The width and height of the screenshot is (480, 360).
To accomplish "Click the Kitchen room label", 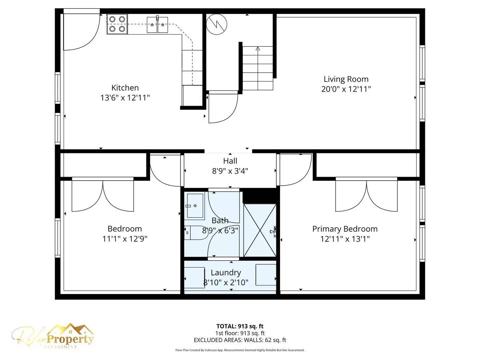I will pyautogui.click(x=125, y=88).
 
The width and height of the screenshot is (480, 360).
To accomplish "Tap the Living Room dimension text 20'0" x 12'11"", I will pyautogui.click(x=346, y=89).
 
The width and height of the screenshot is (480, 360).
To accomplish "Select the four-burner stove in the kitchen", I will pyautogui.click(x=117, y=24).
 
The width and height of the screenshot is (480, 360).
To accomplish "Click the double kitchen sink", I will pyautogui.click(x=157, y=25).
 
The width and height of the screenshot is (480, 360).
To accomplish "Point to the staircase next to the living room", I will pyautogui.click(x=257, y=68).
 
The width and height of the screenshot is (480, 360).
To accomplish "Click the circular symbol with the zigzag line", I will pyautogui.click(x=217, y=24).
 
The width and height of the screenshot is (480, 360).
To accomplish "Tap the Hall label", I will pyautogui.click(x=230, y=161).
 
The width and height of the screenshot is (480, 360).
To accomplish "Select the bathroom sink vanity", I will pyautogui.click(x=195, y=206).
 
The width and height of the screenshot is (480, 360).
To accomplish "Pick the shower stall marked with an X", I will pyautogui.click(x=259, y=230).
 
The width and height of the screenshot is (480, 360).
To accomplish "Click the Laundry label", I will pyautogui.click(x=226, y=273).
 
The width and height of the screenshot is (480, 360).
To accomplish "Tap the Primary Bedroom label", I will pyautogui.click(x=345, y=229).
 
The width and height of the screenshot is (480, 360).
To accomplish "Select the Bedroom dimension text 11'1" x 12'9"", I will pyautogui.click(x=125, y=239).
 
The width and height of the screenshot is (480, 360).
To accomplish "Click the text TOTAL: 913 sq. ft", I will pyautogui.click(x=240, y=326).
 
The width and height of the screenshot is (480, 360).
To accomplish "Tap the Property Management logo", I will pyautogui.click(x=53, y=337).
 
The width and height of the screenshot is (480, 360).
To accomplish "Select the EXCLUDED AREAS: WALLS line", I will pyautogui.click(x=240, y=340).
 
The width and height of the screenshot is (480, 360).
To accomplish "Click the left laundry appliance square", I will pyautogui.click(x=195, y=277).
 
